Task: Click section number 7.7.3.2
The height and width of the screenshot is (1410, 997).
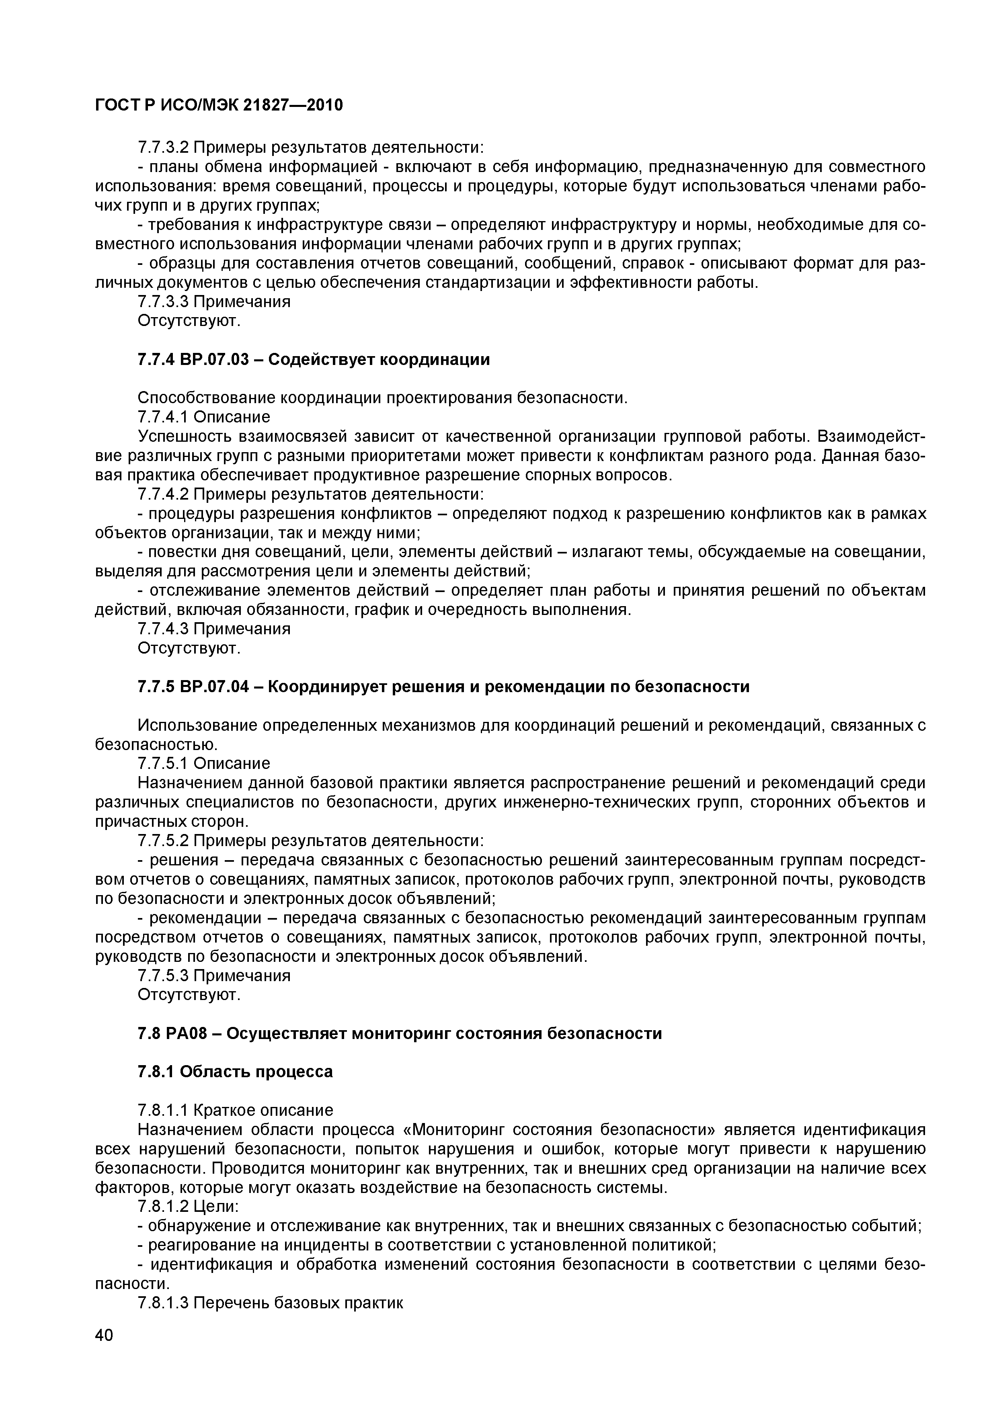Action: click(x=163, y=148)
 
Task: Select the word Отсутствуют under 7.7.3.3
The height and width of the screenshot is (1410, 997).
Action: click(x=189, y=321)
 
